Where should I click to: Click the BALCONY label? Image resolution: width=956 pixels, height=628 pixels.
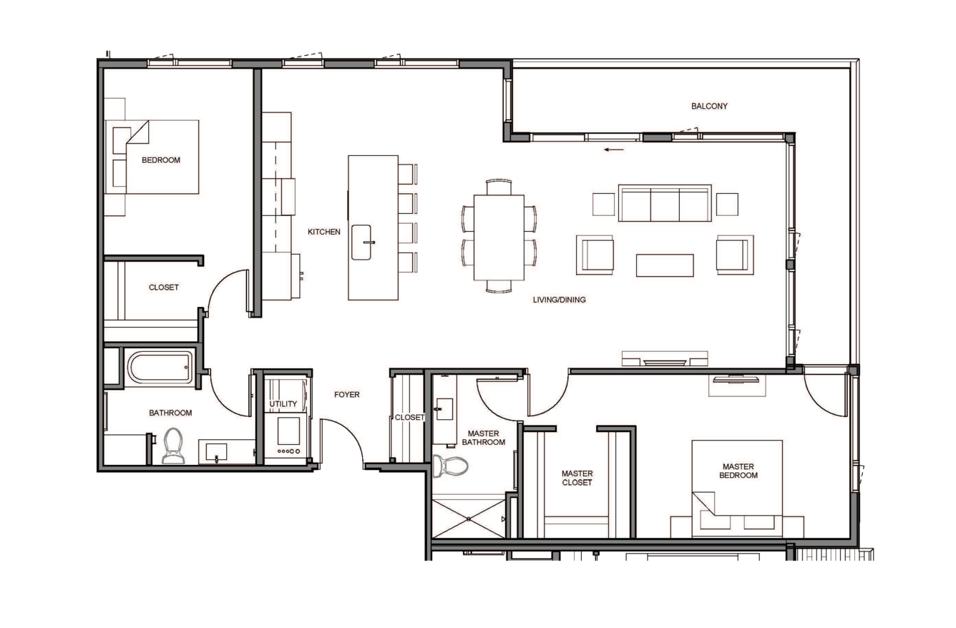(709, 106)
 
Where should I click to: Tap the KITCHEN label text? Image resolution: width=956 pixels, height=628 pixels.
(324, 232)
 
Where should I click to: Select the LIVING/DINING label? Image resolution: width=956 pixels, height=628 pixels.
(559, 300)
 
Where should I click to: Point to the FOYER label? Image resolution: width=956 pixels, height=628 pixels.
(346, 395)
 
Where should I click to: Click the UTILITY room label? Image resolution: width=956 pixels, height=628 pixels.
(283, 403)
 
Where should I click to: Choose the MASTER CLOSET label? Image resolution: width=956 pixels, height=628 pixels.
(577, 478)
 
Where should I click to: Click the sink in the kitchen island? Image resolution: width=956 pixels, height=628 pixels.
(361, 242)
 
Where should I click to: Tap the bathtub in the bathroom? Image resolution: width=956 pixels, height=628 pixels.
(160, 368)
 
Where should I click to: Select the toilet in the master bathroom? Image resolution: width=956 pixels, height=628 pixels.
(450, 466)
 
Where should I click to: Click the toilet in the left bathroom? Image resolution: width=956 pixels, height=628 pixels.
(173, 446)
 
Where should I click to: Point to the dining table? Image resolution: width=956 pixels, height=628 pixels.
(499, 237)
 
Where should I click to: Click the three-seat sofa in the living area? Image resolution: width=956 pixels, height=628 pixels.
(665, 203)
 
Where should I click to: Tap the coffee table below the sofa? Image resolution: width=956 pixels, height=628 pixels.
(665, 265)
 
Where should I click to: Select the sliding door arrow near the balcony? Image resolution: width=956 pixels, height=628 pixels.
(614, 149)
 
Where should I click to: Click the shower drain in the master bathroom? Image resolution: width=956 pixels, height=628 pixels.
(469, 519)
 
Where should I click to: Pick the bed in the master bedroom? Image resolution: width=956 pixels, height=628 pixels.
(737, 489)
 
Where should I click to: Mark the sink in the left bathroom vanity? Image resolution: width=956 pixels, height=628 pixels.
(216, 452)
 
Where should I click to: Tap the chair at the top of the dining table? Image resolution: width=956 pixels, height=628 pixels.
(499, 187)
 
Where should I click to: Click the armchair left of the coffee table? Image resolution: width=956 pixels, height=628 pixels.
(595, 255)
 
